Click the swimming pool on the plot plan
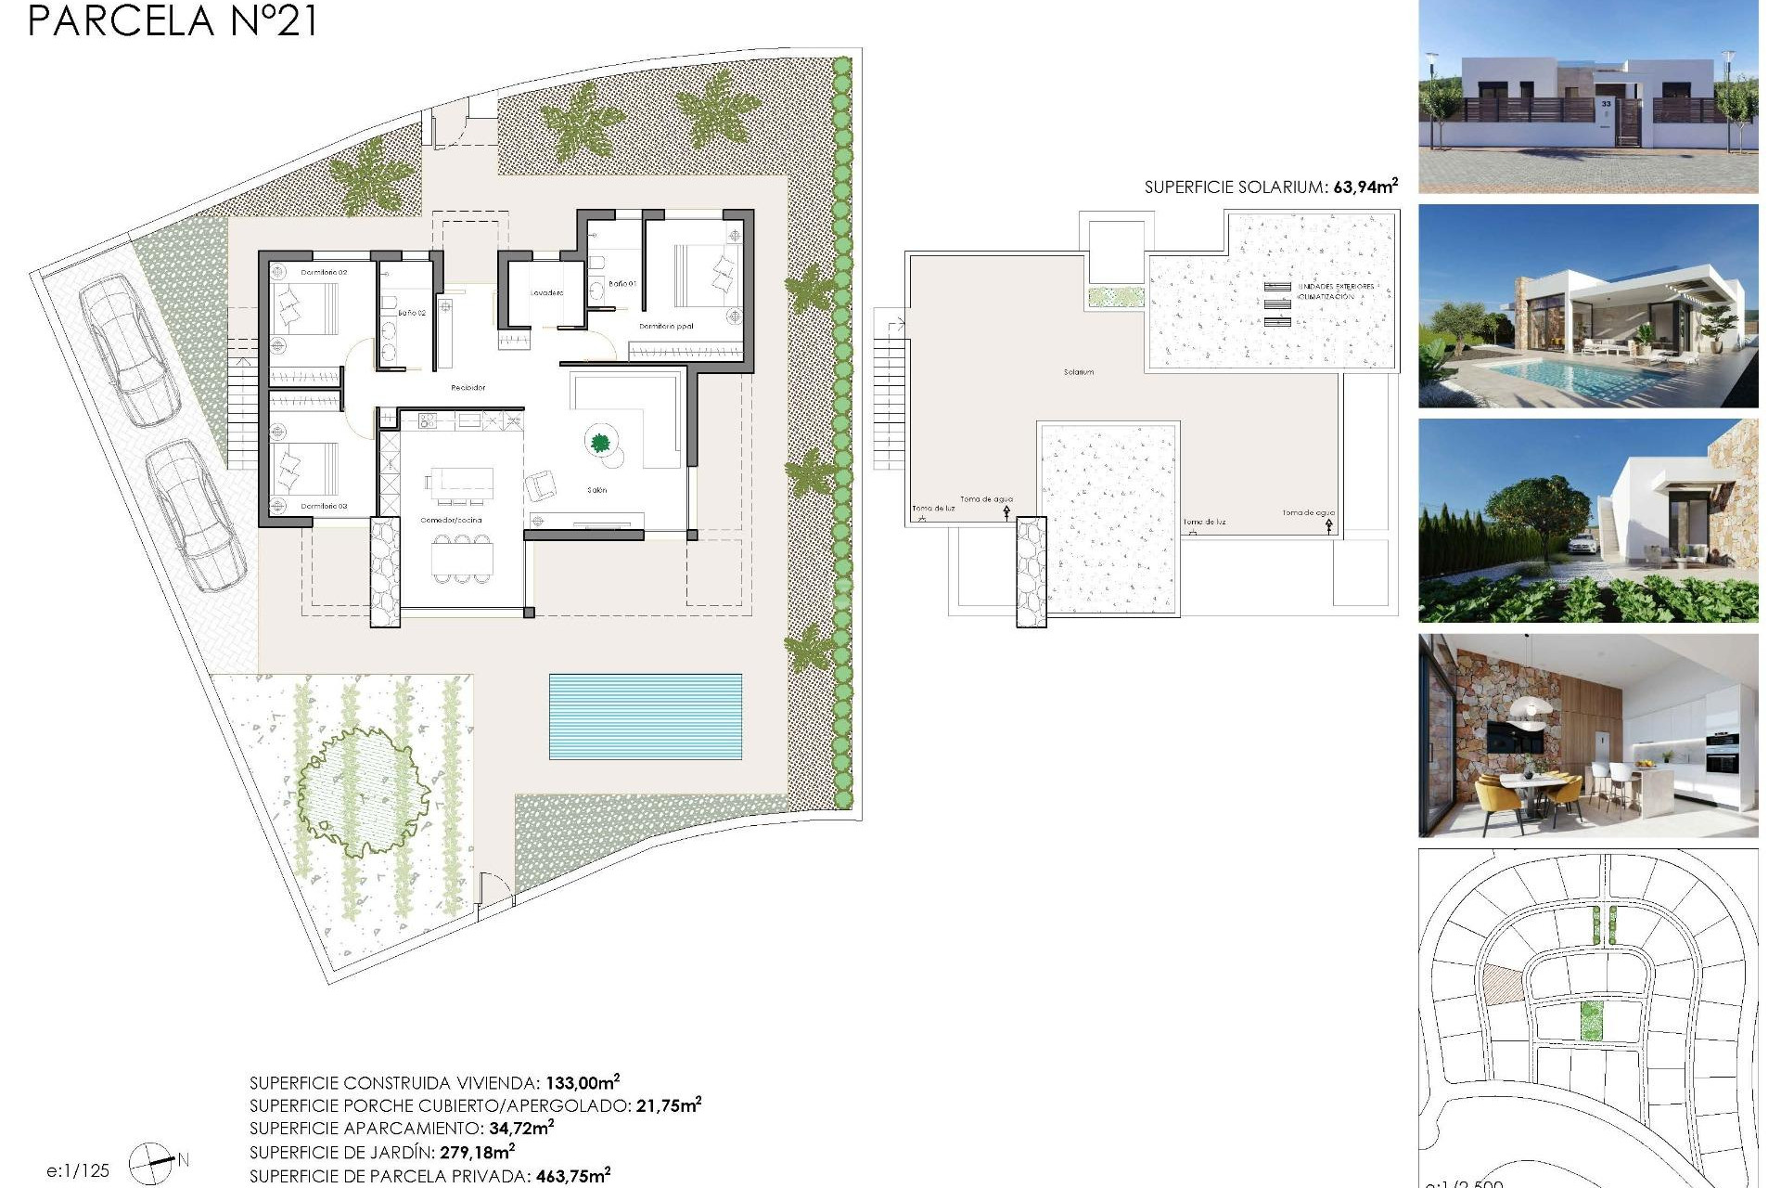pos(645,716)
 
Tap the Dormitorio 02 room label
pos(324,273)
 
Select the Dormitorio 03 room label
pos(324,506)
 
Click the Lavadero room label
pos(546,293)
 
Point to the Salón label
pos(596,490)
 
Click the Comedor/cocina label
pos(451,521)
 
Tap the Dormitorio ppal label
pos(666,327)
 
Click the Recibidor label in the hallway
pos(468,388)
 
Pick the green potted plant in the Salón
pos(599,442)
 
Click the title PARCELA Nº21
pos(173,20)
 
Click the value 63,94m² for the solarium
pos(1365,187)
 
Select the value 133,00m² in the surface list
pos(582,1082)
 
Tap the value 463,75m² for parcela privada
pos(572,1176)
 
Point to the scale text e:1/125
pos(78,1170)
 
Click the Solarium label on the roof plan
pos(1078,372)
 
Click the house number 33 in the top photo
pos(1606,104)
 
